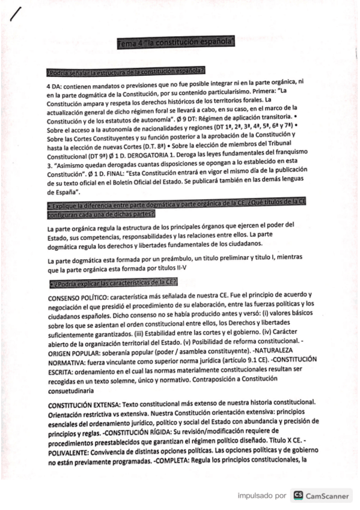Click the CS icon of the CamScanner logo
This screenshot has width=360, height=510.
tap(297, 496)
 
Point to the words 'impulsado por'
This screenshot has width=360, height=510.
tap(261, 496)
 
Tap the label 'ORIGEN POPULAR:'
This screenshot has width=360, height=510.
tap(75, 354)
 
